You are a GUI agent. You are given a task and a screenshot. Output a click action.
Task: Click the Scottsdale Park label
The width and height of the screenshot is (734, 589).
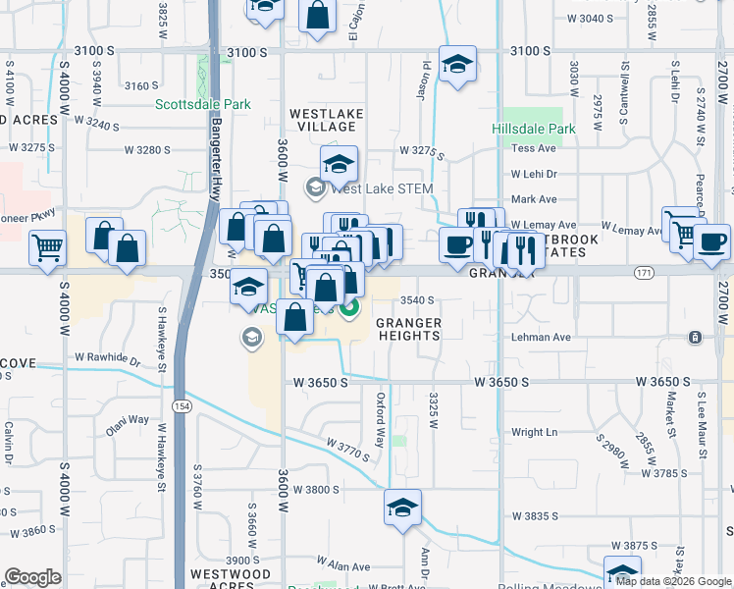coord(203,104)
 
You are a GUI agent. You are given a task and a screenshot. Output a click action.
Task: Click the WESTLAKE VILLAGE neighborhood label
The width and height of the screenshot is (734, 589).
coord(326,121)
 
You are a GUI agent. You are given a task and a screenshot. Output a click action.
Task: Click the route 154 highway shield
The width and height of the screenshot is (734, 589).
coord(182,378)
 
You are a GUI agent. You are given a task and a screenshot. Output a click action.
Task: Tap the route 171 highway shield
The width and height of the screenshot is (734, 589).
coord(644,271)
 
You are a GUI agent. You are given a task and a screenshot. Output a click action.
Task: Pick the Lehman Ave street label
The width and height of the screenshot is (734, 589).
coord(541,337)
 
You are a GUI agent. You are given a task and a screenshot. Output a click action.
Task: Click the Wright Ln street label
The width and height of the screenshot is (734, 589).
coord(534,432)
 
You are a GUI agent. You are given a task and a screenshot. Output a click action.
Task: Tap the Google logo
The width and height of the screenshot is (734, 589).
coord(32,577)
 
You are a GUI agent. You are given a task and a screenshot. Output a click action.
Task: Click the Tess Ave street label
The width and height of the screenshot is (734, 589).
coord(534,148)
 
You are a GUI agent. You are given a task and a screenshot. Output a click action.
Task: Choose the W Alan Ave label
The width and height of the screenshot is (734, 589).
coord(342,566)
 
